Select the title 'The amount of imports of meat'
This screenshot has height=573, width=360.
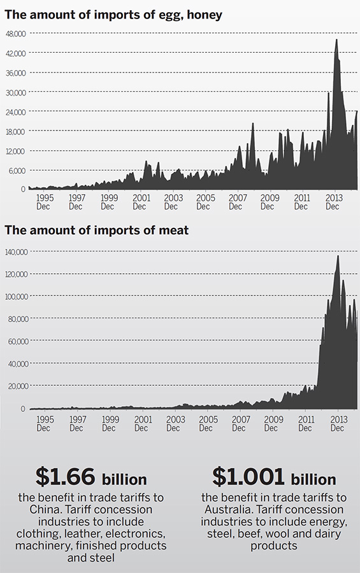pos(97,230)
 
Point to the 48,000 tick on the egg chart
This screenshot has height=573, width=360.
pos(15,34)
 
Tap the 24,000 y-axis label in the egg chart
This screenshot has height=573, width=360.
pos(15,112)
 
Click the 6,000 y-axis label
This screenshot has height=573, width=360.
pos(17,171)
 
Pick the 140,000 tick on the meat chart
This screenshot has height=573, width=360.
pos(16,252)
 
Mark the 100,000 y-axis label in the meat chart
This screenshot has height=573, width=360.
pos(16,297)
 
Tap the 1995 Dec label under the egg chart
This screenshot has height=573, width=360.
pos(45,202)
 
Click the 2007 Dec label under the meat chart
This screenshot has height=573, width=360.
pos(240,424)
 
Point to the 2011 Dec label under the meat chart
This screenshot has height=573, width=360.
pos(306,424)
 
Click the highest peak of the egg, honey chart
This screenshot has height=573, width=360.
pos(336,40)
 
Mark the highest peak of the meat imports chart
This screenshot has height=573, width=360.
pos(338,256)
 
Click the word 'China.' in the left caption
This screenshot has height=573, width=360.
pos(48,509)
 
